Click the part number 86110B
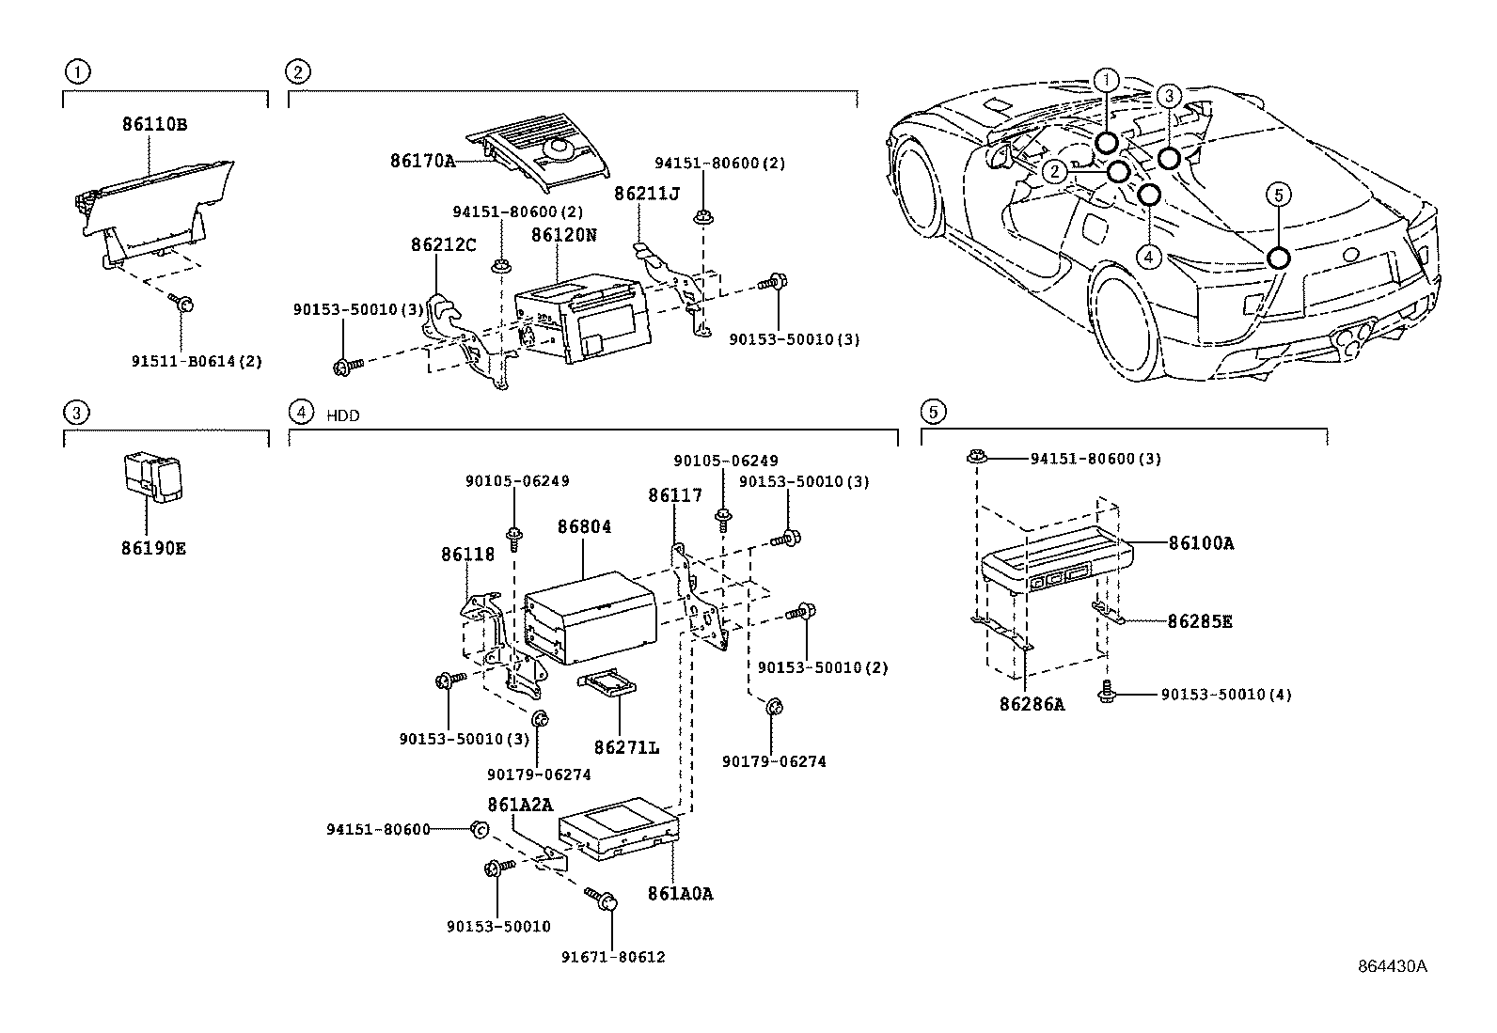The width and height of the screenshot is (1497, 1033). [x=153, y=124]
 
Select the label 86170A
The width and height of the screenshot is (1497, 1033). [x=422, y=161]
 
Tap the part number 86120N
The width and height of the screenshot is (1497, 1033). [x=563, y=235]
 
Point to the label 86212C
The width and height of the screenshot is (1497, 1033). [x=443, y=245]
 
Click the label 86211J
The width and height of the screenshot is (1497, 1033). [x=646, y=194]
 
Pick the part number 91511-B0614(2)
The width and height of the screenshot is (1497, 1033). [x=197, y=360]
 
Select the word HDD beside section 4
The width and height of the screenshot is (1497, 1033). [x=343, y=415]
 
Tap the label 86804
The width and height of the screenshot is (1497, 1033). [x=584, y=527]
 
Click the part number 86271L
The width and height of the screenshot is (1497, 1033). [x=626, y=748]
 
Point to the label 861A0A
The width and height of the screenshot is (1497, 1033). [x=680, y=894]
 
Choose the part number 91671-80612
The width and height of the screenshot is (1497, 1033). [x=613, y=958]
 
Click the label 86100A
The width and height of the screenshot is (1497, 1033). [x=1201, y=543]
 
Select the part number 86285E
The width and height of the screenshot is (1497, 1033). [x=1200, y=621]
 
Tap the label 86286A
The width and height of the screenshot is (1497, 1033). [x=1032, y=704]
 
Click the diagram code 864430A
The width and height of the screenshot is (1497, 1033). [x=1391, y=966]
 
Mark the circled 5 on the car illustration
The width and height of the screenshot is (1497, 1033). [x=1278, y=195]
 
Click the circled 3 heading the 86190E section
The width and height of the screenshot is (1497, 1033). [x=78, y=411]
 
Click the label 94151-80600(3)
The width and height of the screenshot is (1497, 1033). [x=1095, y=459]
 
